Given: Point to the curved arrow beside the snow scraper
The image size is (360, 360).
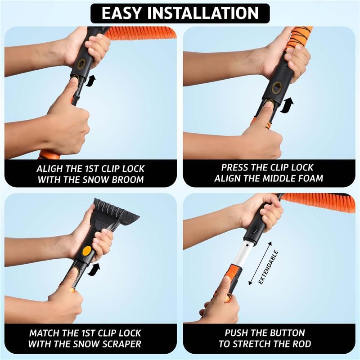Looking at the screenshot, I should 94,269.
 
